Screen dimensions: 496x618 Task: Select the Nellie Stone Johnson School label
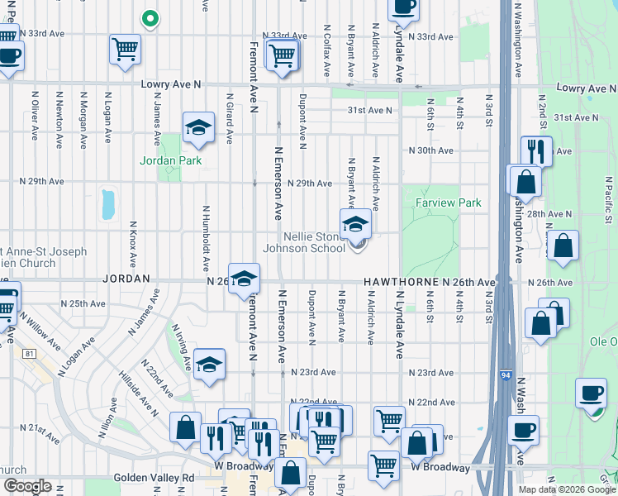click(303, 242)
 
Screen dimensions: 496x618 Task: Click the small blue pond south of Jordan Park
click(107, 204)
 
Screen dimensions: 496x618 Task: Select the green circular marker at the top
click(150, 17)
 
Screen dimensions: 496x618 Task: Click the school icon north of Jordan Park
click(197, 127)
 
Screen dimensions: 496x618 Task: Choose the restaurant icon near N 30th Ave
click(536, 151)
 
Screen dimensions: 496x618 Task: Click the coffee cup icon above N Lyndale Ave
click(402, 7)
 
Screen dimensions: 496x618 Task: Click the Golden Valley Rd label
click(165, 478)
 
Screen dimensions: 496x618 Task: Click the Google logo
click(28, 487)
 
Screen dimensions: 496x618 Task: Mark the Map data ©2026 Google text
click(566, 489)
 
